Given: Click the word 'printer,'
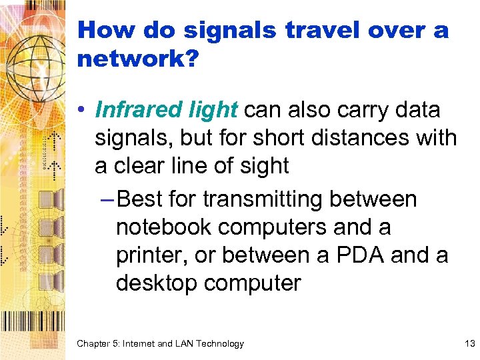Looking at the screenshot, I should click(151, 255).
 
